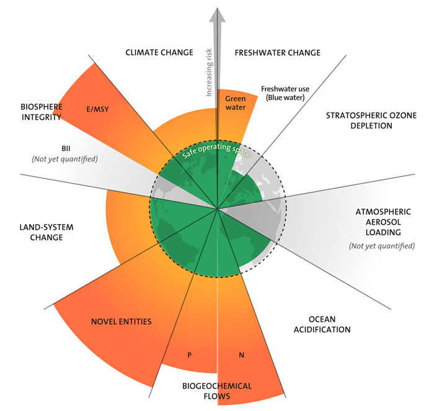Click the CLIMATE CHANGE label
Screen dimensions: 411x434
click(159, 53)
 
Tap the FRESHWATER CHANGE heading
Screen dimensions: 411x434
click(277, 53)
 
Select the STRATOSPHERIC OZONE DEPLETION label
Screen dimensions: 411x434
click(360, 120)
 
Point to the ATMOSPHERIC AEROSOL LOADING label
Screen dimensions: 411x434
click(379, 222)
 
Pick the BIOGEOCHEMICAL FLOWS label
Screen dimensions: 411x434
click(216, 391)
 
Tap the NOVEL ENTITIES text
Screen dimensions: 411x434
click(122, 322)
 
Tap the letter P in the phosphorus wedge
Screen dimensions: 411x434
click(188, 356)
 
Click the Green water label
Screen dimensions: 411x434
click(235, 102)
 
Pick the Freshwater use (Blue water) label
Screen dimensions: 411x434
click(285, 93)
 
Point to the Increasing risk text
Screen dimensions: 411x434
click(209, 71)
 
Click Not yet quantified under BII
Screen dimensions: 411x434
click(67, 160)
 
